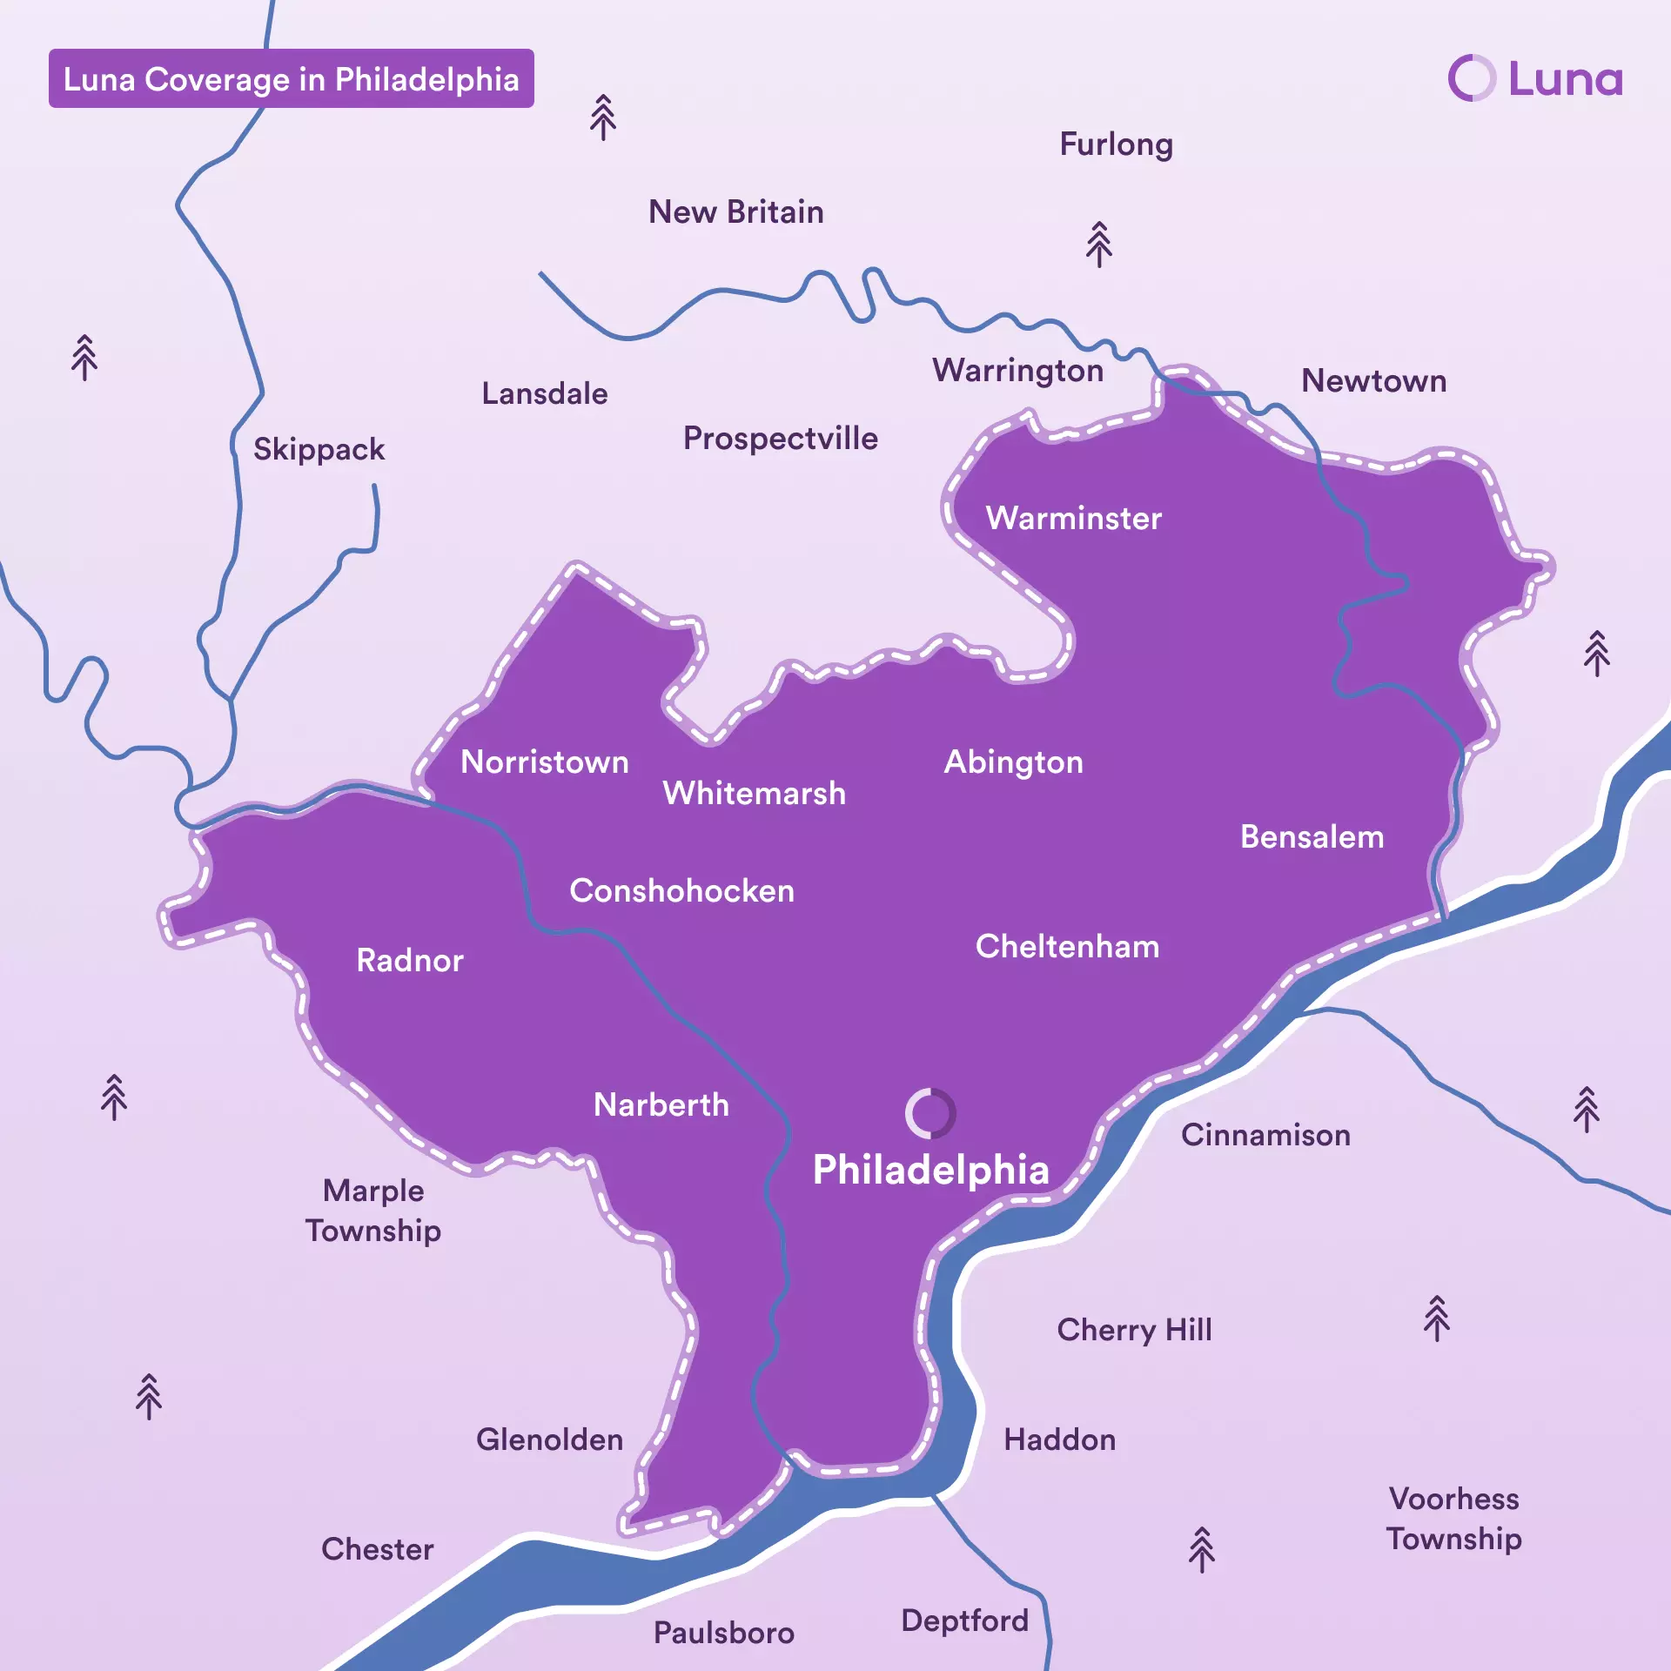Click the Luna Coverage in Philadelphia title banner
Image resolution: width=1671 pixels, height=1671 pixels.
[x=291, y=78]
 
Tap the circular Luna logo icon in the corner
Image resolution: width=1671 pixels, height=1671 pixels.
[x=1472, y=78]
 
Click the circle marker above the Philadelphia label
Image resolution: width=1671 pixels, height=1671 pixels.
[x=930, y=1113]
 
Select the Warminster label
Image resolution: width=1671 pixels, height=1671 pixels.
[x=1073, y=519]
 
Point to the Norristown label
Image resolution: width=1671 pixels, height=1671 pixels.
[x=544, y=762]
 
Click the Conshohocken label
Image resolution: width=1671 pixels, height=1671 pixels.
[x=681, y=891]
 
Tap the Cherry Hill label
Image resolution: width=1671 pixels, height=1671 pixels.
[x=1134, y=1330]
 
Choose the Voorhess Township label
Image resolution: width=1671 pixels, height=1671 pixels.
[x=1453, y=1519]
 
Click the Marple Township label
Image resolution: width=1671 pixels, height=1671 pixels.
[x=373, y=1211]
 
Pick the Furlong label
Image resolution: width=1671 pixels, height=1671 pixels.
[x=1116, y=144]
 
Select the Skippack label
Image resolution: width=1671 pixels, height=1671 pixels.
[x=319, y=449]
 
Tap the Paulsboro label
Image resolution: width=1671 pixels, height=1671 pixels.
[x=723, y=1633]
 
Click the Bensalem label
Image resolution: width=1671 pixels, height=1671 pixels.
[x=1312, y=837]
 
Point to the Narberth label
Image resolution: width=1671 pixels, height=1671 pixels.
[x=661, y=1105]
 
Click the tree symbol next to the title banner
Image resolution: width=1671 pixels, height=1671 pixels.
[x=603, y=117]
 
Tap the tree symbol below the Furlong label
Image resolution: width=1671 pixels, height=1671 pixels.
[x=1099, y=245]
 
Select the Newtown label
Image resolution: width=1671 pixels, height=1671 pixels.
[x=1373, y=381]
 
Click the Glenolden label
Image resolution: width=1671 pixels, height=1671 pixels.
[x=549, y=1439]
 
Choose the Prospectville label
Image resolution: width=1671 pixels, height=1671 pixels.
[x=780, y=439]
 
